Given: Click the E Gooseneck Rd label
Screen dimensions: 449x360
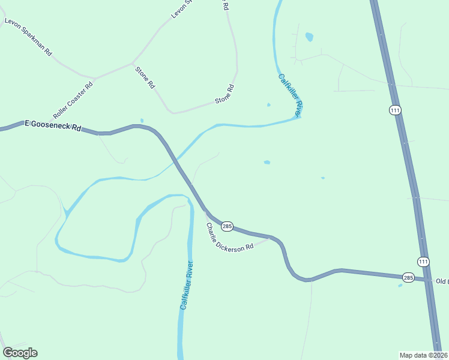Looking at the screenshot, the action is click(52, 125).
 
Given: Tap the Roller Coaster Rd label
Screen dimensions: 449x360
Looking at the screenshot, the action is click(74, 100).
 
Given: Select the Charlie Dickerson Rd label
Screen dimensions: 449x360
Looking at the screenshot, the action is click(230, 238).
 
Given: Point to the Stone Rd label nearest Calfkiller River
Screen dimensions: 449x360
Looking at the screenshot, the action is click(224, 95).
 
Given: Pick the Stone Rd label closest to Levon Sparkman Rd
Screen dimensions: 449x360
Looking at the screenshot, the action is click(145, 78).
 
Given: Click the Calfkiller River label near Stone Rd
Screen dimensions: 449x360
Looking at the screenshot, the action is click(289, 94).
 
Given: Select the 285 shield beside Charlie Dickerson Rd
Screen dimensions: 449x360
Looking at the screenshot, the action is click(227, 226).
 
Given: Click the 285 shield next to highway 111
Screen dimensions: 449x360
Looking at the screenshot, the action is click(408, 278).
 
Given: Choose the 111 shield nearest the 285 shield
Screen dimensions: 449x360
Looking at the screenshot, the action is click(424, 261).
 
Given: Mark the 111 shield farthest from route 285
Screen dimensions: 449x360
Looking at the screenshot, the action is click(394, 110).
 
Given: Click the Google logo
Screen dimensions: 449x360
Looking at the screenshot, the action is click(20, 353).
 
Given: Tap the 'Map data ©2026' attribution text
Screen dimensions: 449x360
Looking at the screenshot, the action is click(423, 355).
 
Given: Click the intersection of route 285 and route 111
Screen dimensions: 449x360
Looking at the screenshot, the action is click(430, 280).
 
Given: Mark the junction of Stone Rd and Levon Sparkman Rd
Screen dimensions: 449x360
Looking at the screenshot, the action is click(133, 62).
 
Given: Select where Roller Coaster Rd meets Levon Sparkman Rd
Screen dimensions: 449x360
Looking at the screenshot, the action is click(94, 78).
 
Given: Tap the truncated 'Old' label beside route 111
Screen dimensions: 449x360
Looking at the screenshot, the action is click(442, 281).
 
